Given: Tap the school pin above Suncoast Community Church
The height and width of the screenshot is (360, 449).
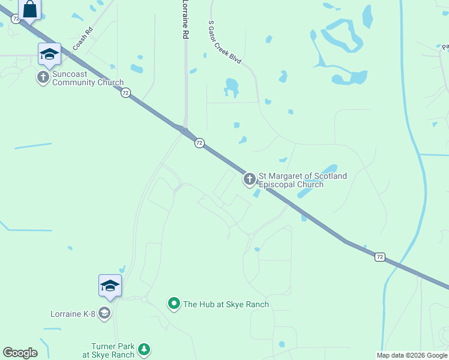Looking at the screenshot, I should tap(49, 55).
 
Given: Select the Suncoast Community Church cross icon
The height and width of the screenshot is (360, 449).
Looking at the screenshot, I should tap(43, 77).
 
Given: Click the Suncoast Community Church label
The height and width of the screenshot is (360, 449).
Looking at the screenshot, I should tap(88, 79).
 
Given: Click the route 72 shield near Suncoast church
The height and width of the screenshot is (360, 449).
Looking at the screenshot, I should tap(125, 93).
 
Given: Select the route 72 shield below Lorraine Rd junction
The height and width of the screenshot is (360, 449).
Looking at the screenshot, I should tap(199, 143).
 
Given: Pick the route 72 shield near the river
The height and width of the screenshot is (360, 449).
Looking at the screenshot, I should tap(379, 257).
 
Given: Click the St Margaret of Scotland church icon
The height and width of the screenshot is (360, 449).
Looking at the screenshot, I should tap(249, 179).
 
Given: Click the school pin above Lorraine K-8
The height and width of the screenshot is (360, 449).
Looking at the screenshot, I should tap(110, 286).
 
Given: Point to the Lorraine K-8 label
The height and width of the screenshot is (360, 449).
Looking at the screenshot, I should tap(73, 313).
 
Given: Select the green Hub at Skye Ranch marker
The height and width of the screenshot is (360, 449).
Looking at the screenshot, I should tap(174, 304).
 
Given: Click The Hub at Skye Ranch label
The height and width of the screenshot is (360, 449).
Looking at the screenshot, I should tap(226, 305).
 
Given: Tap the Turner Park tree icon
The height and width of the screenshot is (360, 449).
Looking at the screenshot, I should tap(143, 349).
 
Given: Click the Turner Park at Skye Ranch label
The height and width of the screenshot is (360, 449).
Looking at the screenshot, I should tap(113, 350).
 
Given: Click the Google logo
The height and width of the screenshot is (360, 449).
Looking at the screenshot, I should tap(20, 353).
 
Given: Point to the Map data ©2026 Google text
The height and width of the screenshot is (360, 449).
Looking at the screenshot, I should tap(412, 355).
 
